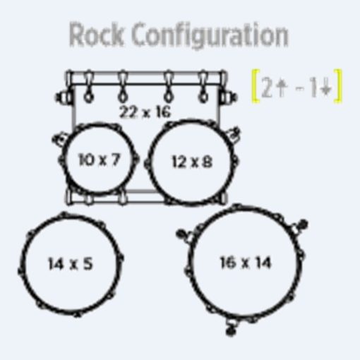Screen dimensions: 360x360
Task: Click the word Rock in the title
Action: (x=96, y=35)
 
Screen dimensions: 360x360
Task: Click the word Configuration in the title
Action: (x=210, y=36)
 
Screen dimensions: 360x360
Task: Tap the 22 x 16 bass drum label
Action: (x=145, y=112)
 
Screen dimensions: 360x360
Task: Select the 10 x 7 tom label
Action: (x=99, y=160)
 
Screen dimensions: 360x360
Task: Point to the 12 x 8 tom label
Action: (x=192, y=162)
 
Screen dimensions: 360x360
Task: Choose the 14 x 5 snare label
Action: (x=70, y=263)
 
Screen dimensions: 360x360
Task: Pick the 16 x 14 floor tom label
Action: (x=246, y=263)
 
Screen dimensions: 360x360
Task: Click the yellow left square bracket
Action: (x=256, y=86)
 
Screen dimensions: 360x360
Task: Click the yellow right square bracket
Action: (x=338, y=86)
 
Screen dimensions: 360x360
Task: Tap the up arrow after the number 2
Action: (x=281, y=87)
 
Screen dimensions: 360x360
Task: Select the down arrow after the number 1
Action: (x=326, y=88)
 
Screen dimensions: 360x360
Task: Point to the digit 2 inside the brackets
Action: (x=267, y=87)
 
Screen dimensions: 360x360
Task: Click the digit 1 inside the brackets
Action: (x=312, y=88)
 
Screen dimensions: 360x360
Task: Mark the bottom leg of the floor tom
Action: (x=231, y=328)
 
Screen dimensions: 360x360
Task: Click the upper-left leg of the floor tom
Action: (x=185, y=236)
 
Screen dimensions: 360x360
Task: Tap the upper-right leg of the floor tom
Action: (x=299, y=225)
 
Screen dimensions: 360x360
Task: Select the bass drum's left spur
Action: (x=63, y=97)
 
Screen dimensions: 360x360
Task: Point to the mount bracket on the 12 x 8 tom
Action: (x=234, y=133)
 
